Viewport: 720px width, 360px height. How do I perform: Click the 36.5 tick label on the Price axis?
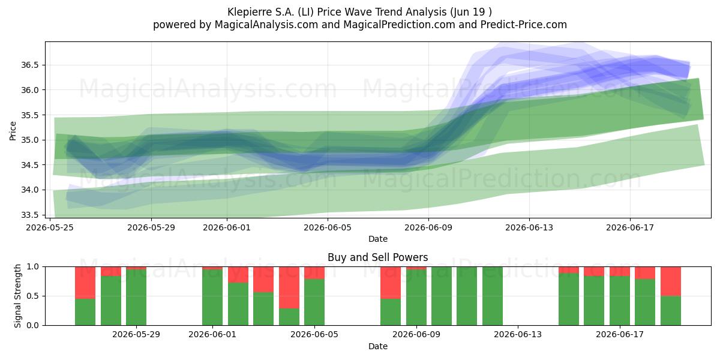29,65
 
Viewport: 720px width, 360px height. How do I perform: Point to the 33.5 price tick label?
29,215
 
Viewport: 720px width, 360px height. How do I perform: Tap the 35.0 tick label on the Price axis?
29,140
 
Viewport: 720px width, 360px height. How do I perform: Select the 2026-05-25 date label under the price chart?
50,227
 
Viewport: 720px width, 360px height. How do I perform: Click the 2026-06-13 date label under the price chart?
529,227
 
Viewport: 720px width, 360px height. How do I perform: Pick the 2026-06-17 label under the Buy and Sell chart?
620,335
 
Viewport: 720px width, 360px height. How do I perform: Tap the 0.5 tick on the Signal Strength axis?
32,296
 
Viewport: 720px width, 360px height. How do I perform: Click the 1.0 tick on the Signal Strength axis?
32,267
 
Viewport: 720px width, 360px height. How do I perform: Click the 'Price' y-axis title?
13,131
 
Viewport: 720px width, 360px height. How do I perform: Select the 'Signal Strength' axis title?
17,296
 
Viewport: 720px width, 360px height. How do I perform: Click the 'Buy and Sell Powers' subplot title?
377,257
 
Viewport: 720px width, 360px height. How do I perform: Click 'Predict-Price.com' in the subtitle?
524,25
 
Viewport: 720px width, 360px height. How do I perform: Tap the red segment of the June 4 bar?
289,287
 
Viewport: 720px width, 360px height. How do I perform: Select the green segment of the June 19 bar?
671,311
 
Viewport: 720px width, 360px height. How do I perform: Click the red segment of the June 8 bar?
391,283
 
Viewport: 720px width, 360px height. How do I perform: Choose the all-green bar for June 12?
493,296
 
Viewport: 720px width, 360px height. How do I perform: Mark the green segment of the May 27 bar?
111,301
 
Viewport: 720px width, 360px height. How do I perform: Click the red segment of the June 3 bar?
263,280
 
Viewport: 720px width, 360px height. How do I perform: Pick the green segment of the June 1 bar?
212,298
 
